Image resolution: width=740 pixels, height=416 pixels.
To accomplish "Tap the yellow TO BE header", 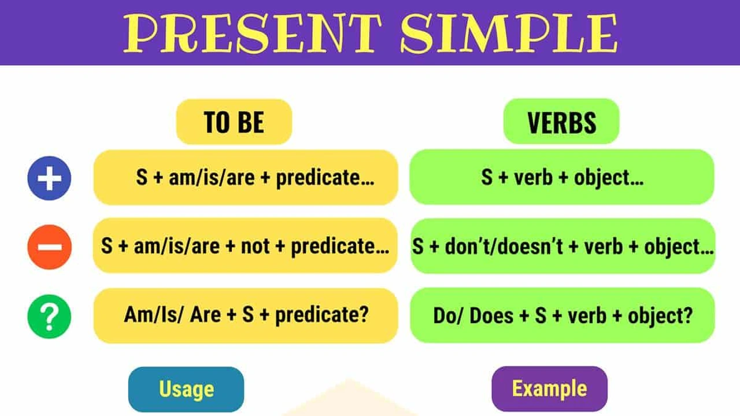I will [234, 122].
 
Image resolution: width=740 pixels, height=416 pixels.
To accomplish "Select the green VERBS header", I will [561, 122].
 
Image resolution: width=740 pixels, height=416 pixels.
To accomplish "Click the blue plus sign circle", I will [49, 177].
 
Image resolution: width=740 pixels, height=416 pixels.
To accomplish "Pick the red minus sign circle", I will [49, 247].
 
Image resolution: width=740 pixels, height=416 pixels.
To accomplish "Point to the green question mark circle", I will [49, 316].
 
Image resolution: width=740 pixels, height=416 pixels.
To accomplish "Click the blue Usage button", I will [186, 389].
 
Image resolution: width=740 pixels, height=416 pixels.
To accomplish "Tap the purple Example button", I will [549, 388].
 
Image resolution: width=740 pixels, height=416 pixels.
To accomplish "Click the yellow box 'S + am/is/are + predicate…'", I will [246, 177].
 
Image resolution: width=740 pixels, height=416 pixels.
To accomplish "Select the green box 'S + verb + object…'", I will [562, 177].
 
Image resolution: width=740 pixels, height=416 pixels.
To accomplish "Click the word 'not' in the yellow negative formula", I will [255, 247].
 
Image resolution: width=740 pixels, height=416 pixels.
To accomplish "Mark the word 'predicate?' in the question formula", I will [322, 315].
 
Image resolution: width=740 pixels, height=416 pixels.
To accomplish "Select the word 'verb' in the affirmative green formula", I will [534, 177].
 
